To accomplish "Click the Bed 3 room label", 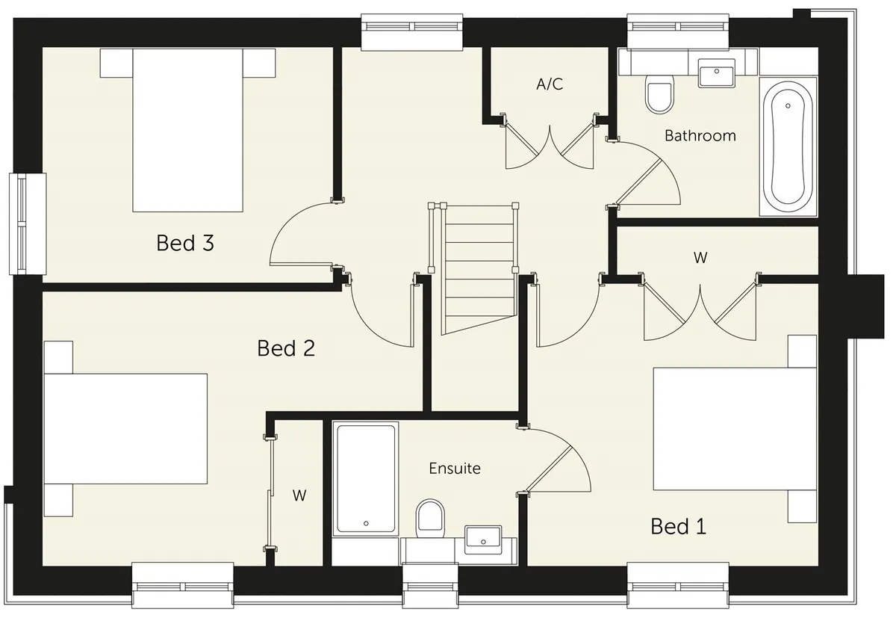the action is (x=185, y=243).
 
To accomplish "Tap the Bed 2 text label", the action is (x=286, y=348).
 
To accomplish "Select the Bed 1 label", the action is (x=679, y=526).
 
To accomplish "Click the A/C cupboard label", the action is (x=550, y=84).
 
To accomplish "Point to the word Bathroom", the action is (x=700, y=136).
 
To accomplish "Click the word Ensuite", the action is (x=455, y=469).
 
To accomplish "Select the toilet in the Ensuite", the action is (x=430, y=519).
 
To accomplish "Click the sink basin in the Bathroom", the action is (x=716, y=73).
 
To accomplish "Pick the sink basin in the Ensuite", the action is (x=483, y=540).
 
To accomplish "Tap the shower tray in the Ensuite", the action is (x=366, y=478).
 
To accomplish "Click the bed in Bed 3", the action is (x=187, y=130).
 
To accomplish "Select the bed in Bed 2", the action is (x=125, y=429).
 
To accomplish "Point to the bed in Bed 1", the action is (x=735, y=429).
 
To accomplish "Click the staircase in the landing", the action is (x=478, y=268).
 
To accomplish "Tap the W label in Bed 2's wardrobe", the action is (x=299, y=495).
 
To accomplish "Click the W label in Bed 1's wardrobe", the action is (x=700, y=258).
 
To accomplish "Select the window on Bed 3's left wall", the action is (x=28, y=223).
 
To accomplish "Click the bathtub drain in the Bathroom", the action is (x=788, y=106).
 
